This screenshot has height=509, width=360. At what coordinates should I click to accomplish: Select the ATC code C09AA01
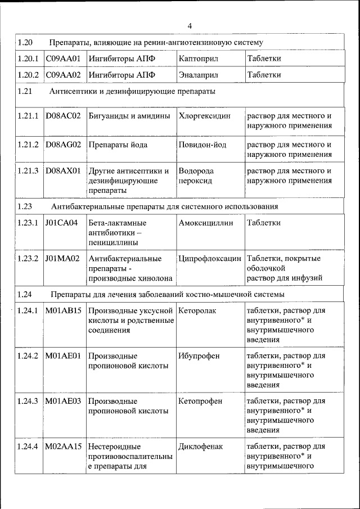pos(63,58)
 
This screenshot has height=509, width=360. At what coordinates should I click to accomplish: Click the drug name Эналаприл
pos(198,74)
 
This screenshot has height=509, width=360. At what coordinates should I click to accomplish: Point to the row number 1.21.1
pos(28,116)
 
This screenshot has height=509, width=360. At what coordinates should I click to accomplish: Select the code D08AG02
pos(63,145)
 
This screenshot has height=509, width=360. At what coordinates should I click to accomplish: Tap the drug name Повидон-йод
pos(202,145)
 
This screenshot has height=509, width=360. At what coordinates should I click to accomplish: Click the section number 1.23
pos(25,206)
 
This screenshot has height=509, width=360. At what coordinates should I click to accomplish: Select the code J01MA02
pos(63,258)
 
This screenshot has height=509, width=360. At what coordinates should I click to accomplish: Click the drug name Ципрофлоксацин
pos(209,258)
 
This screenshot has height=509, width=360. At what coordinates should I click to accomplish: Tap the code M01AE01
pos(63,355)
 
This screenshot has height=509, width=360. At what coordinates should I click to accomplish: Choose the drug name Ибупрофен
pos(199,355)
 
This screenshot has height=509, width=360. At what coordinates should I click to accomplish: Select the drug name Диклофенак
pos(200,447)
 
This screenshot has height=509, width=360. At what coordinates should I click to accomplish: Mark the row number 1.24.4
pos(28,447)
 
